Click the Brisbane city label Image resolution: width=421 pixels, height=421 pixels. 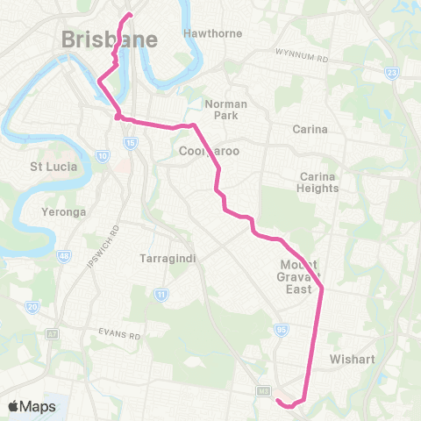click(x=111, y=39)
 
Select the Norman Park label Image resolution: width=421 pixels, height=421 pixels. click(x=226, y=110)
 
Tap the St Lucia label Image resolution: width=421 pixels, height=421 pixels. click(x=54, y=166)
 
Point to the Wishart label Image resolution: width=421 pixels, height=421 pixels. click(x=353, y=359)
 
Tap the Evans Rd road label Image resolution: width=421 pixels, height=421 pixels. click(x=119, y=334)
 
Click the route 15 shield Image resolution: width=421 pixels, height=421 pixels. click(x=130, y=142)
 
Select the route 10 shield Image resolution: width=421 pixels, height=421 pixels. click(x=103, y=156)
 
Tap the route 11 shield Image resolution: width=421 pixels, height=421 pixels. click(x=161, y=295)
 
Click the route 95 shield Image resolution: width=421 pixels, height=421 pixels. click(x=281, y=330)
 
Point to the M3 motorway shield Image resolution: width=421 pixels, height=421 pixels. click(x=262, y=389)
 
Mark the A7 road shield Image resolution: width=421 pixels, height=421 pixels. click(x=29, y=335)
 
